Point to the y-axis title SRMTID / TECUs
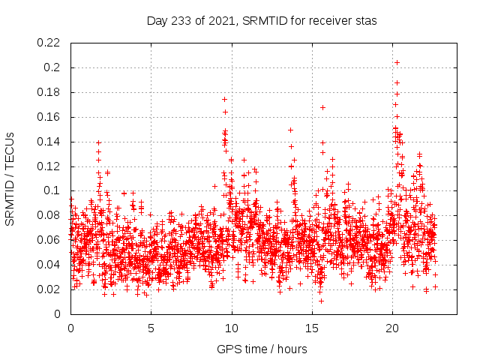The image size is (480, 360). pos(10,178)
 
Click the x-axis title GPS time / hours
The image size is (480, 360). pos(262,349)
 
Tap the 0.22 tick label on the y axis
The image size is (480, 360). pos(50,43)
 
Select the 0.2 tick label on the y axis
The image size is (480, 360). pos(53,67)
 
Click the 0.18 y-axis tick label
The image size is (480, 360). pos(50,92)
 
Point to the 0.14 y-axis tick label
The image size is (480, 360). pos(50,142)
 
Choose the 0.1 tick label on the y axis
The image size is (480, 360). pos(53,190)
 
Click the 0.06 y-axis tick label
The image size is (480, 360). pos(50,240)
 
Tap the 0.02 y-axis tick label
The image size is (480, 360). pos(50,289)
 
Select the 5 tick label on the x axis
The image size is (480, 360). pos(151,328)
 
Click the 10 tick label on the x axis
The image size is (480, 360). pos(232,328)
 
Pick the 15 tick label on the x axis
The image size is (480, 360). pos(312,328)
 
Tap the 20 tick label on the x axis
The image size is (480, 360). pos(392,328)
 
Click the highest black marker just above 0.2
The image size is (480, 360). pos(397,62)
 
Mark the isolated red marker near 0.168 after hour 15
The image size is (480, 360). pos(322,107)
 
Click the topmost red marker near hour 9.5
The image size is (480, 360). pos(224,99)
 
